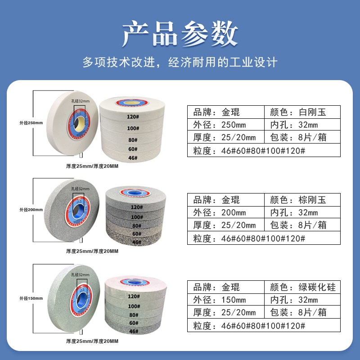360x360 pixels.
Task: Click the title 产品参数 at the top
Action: point(180,34)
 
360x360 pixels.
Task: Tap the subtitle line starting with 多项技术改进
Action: point(180,62)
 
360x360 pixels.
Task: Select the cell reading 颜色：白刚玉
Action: point(302,112)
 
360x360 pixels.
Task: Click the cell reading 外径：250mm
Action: point(225,125)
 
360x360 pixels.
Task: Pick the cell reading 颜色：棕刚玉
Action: point(302,200)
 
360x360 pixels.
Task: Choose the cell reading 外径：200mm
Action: point(225,212)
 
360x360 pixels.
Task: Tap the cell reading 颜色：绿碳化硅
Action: point(302,287)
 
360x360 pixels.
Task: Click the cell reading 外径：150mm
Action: point(225,300)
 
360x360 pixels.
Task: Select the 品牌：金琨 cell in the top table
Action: point(225,112)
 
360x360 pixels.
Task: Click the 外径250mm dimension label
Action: point(31,123)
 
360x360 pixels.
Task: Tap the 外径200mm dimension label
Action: point(31,210)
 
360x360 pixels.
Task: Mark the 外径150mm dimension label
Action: point(31,298)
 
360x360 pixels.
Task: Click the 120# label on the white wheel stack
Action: point(131,117)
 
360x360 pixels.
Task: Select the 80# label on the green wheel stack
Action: point(133,315)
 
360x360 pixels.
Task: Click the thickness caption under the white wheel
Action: point(92,166)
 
